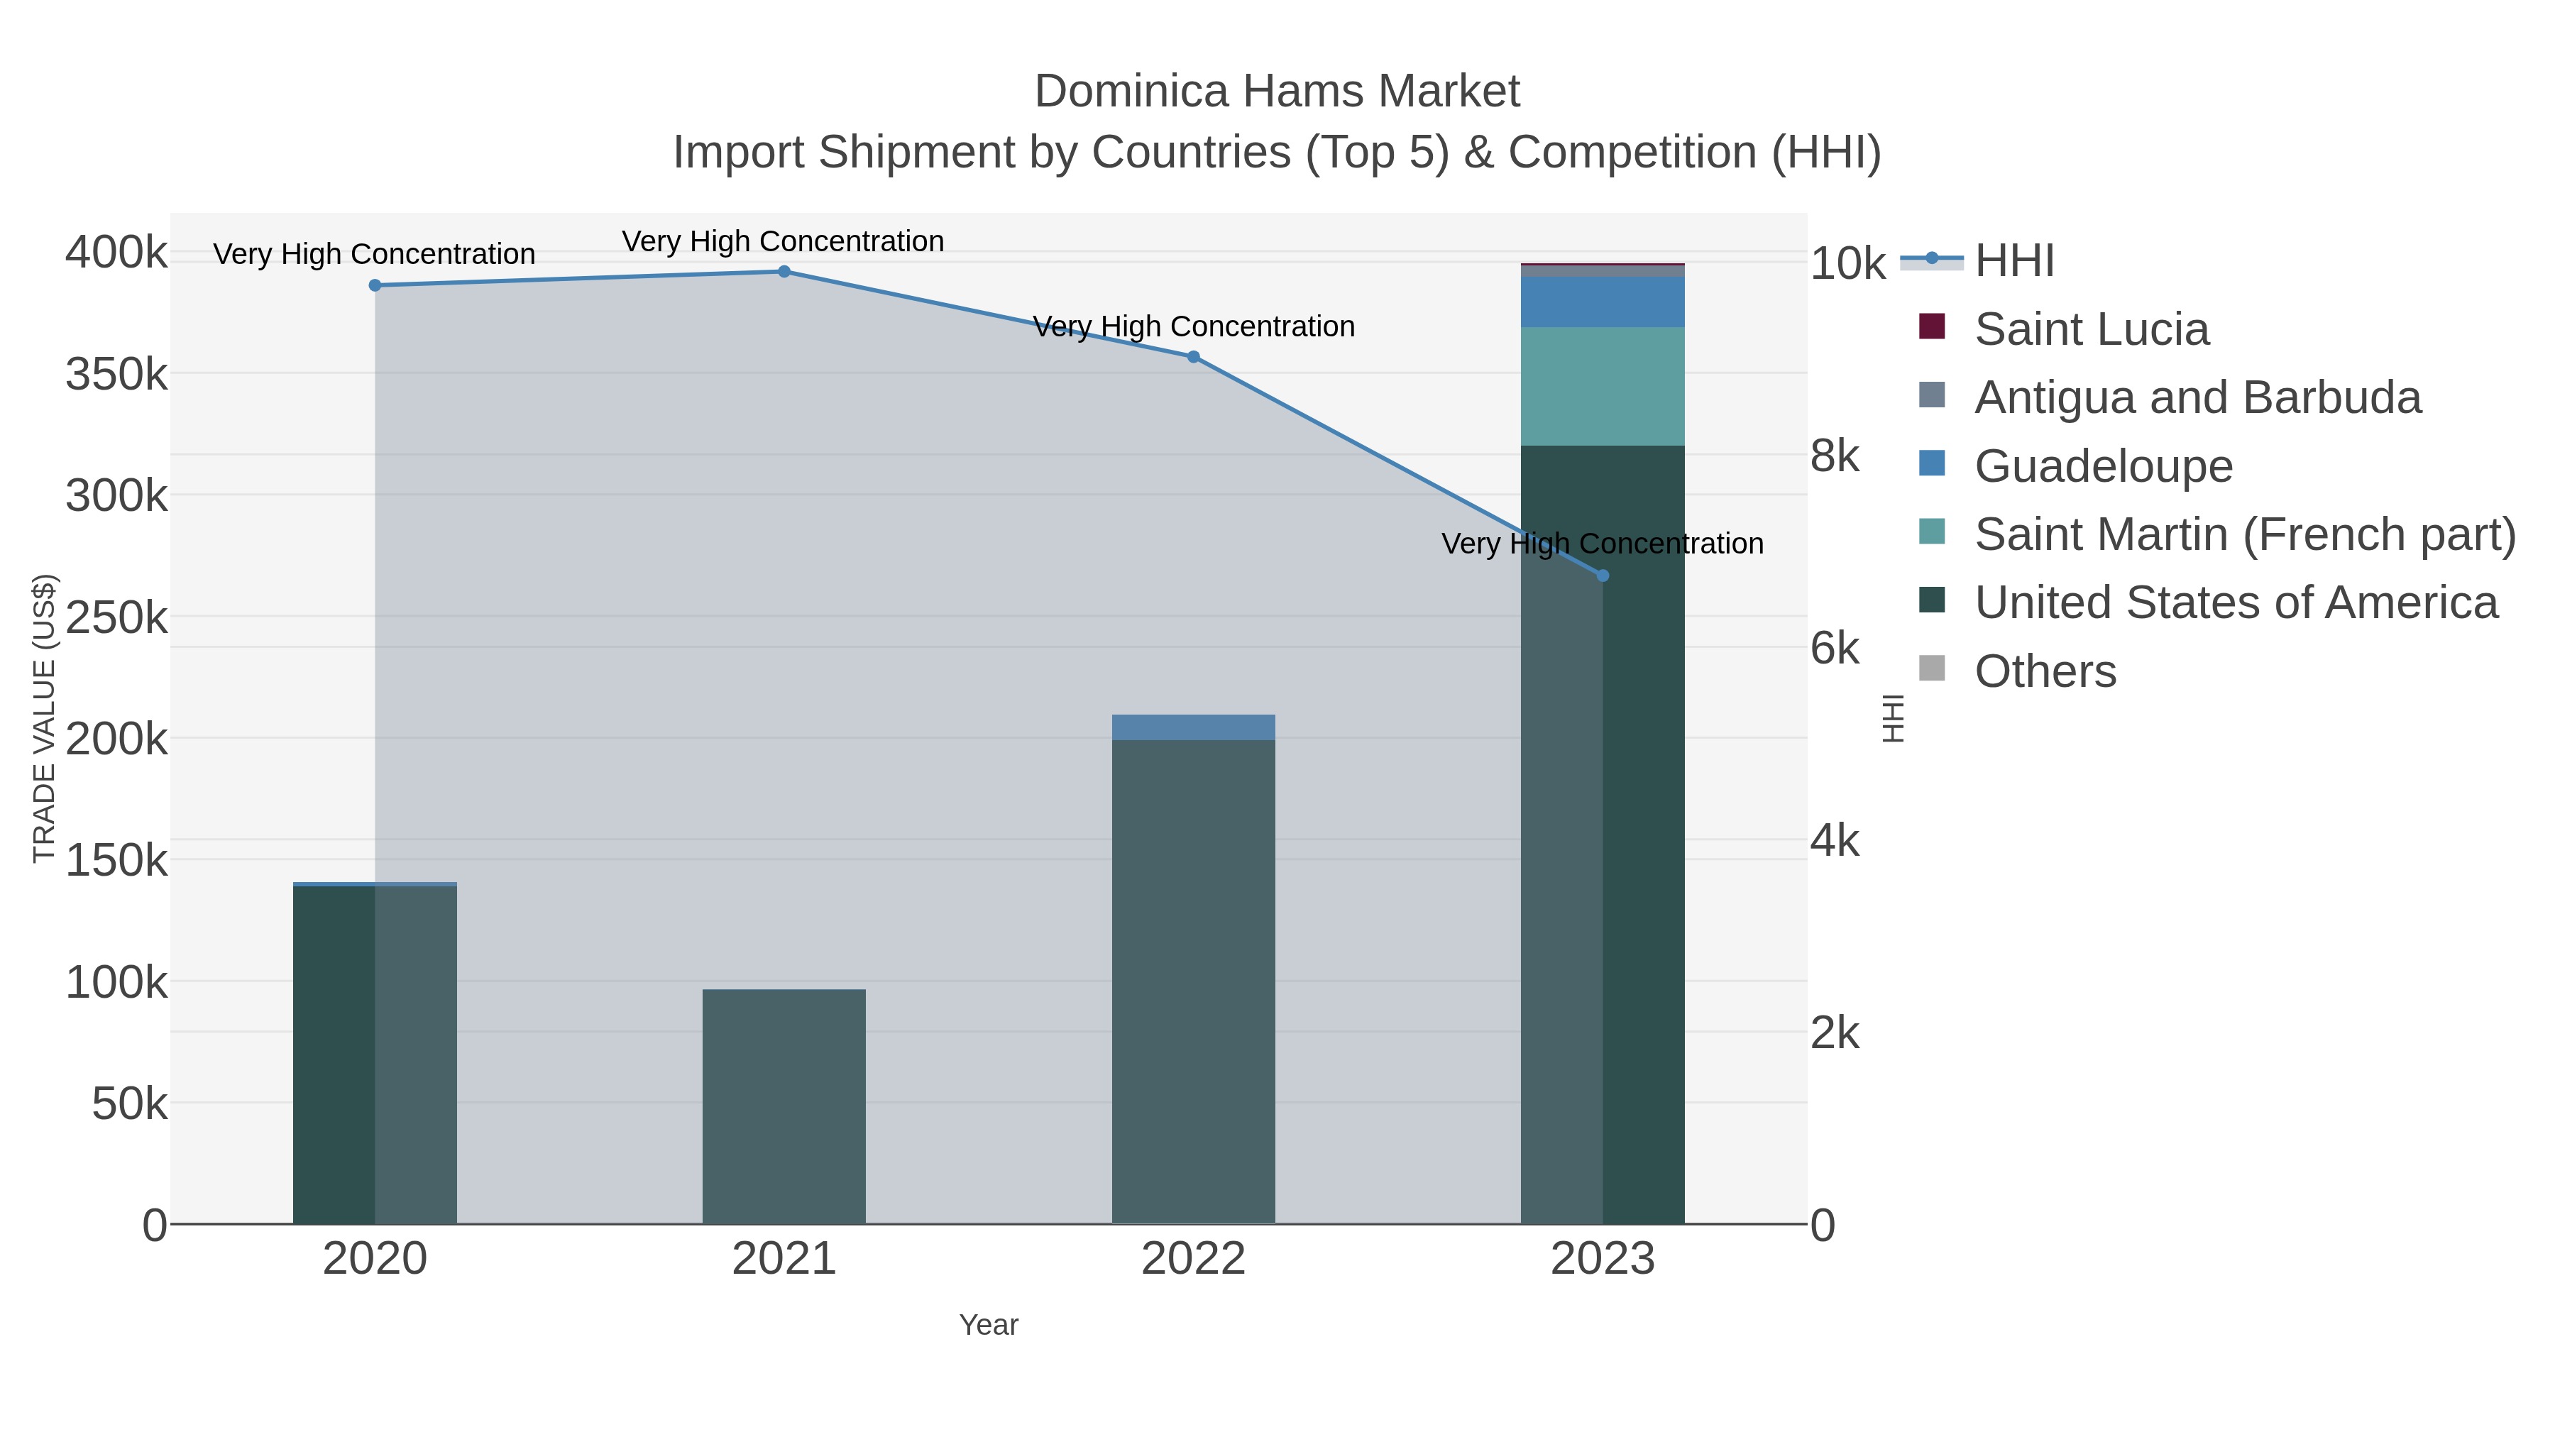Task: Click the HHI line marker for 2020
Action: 375,285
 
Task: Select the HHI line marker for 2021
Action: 784,272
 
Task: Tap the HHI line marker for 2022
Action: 1193,357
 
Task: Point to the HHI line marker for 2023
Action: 1603,576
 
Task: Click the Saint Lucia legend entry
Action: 2091,329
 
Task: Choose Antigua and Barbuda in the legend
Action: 2197,397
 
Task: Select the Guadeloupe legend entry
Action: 2103,466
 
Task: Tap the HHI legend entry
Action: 2013,261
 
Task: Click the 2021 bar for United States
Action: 784,1106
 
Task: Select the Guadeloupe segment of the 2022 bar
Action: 1193,727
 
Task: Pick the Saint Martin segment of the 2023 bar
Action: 1603,387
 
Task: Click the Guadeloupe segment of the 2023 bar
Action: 1603,302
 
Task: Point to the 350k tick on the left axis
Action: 117,375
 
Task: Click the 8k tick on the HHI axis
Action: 1835,456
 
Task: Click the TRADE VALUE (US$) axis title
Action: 45,718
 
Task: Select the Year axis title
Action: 989,1325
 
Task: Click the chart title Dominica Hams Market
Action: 1277,92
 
